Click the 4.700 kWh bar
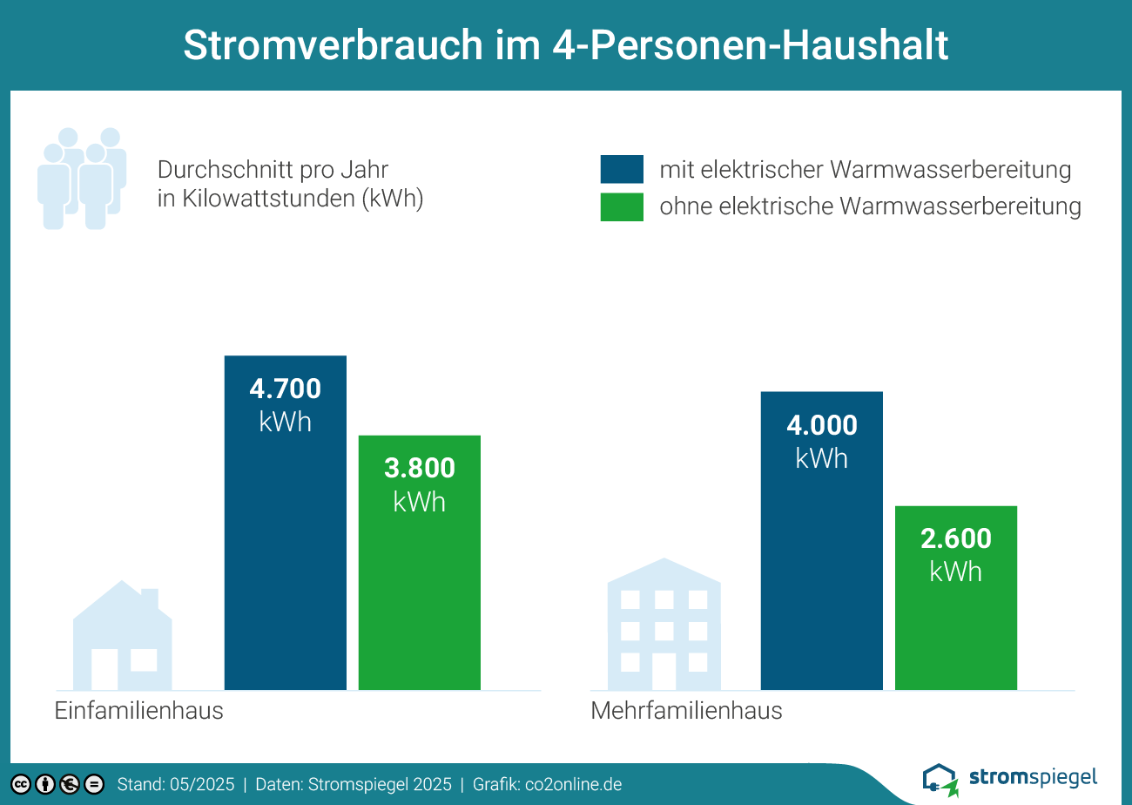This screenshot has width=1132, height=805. click(285, 523)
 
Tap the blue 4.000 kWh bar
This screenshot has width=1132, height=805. click(821, 540)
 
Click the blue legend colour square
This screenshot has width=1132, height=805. click(622, 169)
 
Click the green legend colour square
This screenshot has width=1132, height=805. click(622, 207)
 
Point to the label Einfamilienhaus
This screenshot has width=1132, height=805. click(139, 711)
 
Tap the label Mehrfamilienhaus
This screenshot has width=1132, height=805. click(686, 711)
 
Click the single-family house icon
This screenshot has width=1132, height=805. click(122, 636)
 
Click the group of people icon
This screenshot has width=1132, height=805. click(82, 179)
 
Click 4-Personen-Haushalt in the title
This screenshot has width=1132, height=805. click(750, 45)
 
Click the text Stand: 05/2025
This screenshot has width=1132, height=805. click(176, 784)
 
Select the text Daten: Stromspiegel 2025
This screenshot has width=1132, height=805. click(354, 784)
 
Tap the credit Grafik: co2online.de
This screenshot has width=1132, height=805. click(547, 784)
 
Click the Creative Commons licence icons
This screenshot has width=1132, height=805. click(57, 784)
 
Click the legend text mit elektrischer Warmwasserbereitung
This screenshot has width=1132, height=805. click(865, 169)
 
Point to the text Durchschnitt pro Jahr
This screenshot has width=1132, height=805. click(273, 169)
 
